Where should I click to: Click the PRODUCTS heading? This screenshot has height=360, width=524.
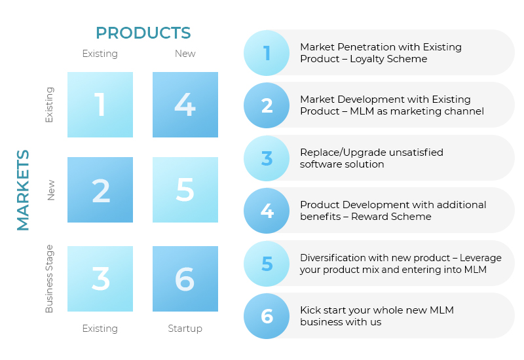(143, 33)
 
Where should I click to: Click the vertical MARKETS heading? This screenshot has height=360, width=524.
(23, 190)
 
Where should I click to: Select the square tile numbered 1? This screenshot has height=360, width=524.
(100, 105)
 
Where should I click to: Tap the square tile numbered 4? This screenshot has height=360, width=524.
(185, 105)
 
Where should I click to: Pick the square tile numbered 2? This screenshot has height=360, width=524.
(100, 190)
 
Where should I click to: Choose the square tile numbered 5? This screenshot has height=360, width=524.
(185, 190)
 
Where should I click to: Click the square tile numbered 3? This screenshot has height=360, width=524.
(100, 279)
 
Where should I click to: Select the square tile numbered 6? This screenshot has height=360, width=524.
(185, 279)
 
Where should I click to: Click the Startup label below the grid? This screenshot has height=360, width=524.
(185, 329)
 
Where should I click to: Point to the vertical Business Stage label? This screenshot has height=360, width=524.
(50, 279)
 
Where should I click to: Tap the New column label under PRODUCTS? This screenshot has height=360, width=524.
(185, 54)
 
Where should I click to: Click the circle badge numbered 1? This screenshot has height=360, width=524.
(267, 53)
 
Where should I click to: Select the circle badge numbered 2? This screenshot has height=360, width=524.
(267, 105)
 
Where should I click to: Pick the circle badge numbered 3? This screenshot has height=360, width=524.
(267, 158)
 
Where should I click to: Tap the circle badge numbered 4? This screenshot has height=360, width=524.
(267, 211)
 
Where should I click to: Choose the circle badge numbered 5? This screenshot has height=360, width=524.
(267, 264)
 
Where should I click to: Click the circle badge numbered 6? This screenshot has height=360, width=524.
(267, 316)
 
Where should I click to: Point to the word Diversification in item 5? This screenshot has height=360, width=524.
(337, 258)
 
